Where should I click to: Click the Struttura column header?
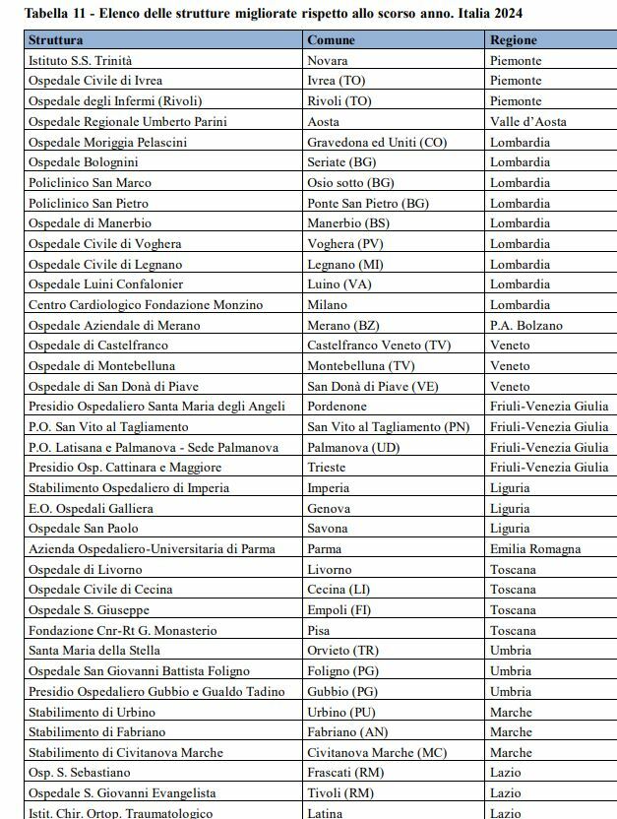(x=55, y=40)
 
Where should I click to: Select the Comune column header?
(x=331, y=40)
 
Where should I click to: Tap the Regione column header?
(x=513, y=40)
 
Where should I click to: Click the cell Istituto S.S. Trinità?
(x=80, y=60)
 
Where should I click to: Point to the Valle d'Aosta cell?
(x=529, y=121)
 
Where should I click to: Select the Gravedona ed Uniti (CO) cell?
(x=377, y=142)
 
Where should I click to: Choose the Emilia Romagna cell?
(x=535, y=549)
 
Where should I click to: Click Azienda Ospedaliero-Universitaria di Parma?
(x=152, y=549)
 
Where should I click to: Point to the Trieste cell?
(x=327, y=468)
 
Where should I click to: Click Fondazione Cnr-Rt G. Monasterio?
(x=122, y=630)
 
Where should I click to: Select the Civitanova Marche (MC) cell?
(x=377, y=752)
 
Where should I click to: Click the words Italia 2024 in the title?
(x=489, y=13)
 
